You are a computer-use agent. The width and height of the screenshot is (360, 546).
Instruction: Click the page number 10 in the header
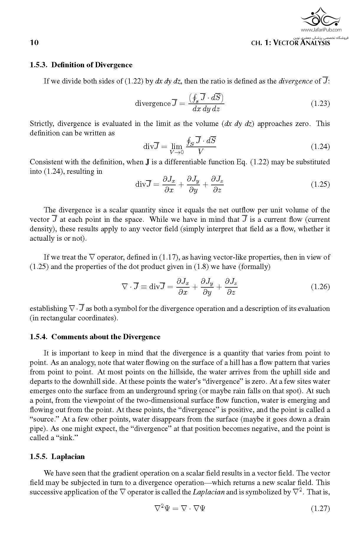click(34, 43)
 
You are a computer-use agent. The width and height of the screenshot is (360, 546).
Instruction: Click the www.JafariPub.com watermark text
click(321, 29)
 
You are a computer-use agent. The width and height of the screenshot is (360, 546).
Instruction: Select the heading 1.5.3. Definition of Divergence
click(81, 65)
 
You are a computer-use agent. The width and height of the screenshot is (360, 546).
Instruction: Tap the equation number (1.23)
click(320, 104)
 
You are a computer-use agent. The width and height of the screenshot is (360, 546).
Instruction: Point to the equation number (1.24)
click(320, 147)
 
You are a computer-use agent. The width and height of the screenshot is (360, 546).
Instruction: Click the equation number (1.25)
click(320, 184)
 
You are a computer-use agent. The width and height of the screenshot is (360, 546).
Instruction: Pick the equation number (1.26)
click(320, 287)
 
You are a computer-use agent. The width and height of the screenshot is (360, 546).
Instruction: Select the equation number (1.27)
click(320, 509)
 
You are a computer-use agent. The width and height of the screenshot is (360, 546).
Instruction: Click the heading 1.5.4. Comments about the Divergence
click(95, 337)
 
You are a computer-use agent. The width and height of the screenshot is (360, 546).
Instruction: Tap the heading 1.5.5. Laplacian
click(57, 457)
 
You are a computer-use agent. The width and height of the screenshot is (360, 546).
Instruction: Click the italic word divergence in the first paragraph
click(295, 81)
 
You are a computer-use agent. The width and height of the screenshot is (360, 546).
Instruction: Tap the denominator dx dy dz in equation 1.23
click(206, 109)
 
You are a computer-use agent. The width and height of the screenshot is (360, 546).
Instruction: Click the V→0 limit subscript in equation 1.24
click(177, 152)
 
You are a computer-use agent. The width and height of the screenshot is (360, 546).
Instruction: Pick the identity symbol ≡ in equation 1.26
click(144, 287)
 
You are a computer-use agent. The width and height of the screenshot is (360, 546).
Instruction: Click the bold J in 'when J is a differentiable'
click(147, 162)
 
